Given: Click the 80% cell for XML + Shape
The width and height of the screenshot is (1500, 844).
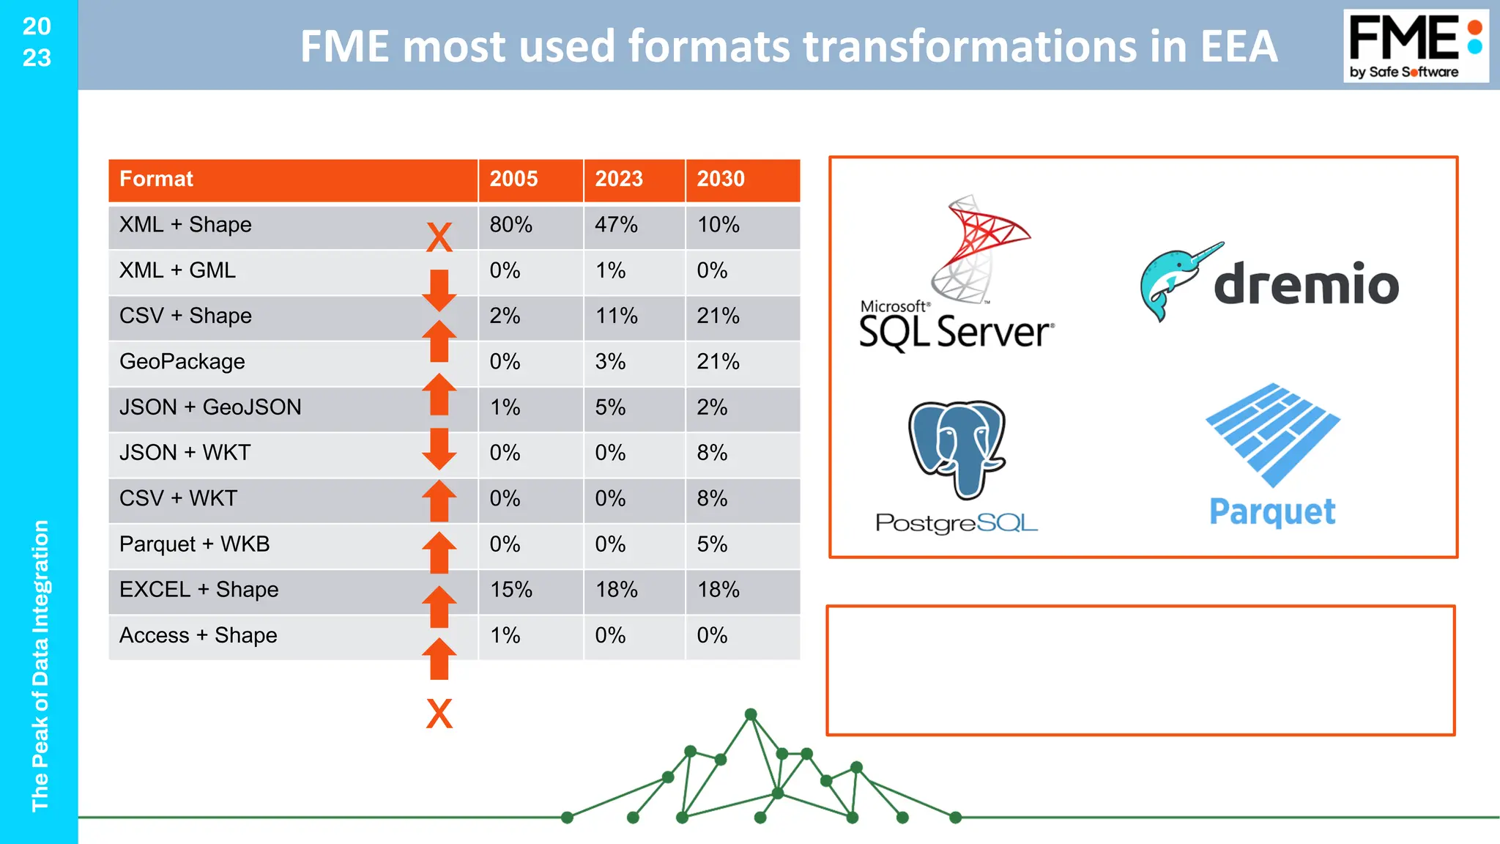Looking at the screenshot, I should pyautogui.click(x=511, y=225).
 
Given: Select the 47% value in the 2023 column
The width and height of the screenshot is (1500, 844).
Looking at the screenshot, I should pyautogui.click(x=616, y=225).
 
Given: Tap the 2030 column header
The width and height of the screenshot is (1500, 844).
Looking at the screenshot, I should pyautogui.click(x=721, y=179).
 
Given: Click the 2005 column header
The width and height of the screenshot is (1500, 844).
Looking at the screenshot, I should pyautogui.click(x=513, y=179).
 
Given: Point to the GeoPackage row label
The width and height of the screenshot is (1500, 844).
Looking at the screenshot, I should pyautogui.click(x=182, y=362).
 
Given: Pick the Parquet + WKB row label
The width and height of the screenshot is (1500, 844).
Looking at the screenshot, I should pyautogui.click(x=195, y=544).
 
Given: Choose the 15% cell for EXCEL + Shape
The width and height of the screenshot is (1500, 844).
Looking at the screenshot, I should pyautogui.click(x=511, y=590).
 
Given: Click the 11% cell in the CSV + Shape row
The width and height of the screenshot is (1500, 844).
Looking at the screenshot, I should pyautogui.click(x=616, y=316).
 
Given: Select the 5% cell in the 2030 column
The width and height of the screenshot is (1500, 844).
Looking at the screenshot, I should pyautogui.click(x=712, y=544).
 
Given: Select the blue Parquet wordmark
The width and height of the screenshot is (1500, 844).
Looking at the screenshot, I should pyautogui.click(x=1272, y=512).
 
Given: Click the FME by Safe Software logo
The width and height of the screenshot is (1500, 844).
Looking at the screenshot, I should pyautogui.click(x=1415, y=46).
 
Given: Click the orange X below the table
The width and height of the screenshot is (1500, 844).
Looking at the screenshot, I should pyautogui.click(x=439, y=714).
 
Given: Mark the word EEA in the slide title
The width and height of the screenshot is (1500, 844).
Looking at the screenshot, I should pyautogui.click(x=1238, y=46).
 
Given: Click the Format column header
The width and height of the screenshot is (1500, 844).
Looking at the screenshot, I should pyautogui.click(x=157, y=179).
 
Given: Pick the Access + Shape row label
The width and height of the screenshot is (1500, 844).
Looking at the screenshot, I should pyautogui.click(x=198, y=635).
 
